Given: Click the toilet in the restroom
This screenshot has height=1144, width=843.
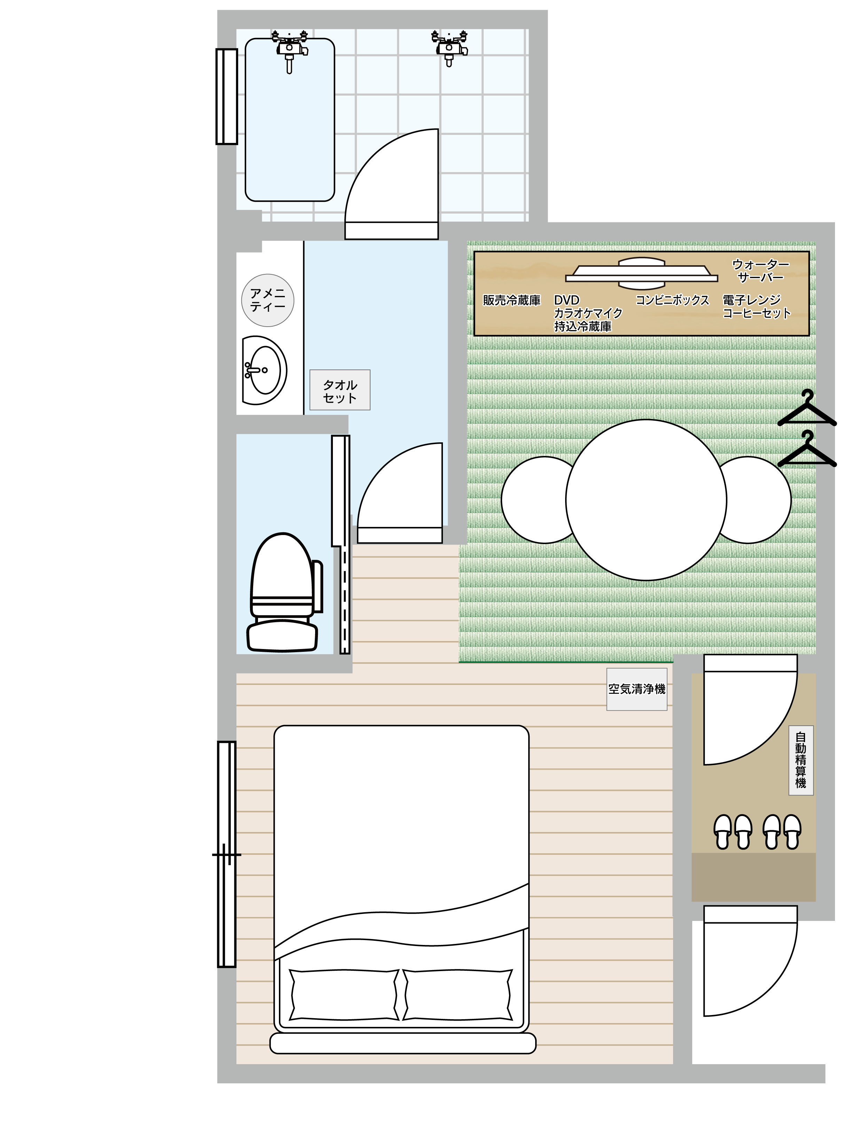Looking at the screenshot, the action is [x=284, y=593].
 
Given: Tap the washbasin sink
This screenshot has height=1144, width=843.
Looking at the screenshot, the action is [x=264, y=370].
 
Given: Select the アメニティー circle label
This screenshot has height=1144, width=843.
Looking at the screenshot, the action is [x=267, y=300].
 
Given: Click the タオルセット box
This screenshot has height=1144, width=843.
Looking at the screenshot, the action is [x=340, y=390].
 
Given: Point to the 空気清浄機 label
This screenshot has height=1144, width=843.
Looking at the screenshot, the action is [x=637, y=689].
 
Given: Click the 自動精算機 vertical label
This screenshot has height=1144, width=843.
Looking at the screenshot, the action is [x=801, y=760].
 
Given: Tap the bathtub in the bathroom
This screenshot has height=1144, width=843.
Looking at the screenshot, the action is [x=290, y=120].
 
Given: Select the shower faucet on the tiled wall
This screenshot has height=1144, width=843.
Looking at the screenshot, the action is [x=449, y=48].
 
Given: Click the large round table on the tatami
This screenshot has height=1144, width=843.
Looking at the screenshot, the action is [x=646, y=500].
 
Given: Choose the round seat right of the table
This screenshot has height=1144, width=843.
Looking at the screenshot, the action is [x=755, y=500].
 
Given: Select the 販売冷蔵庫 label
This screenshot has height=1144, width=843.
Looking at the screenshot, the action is [x=512, y=300].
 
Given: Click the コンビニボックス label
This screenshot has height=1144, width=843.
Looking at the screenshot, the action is [x=672, y=300].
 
